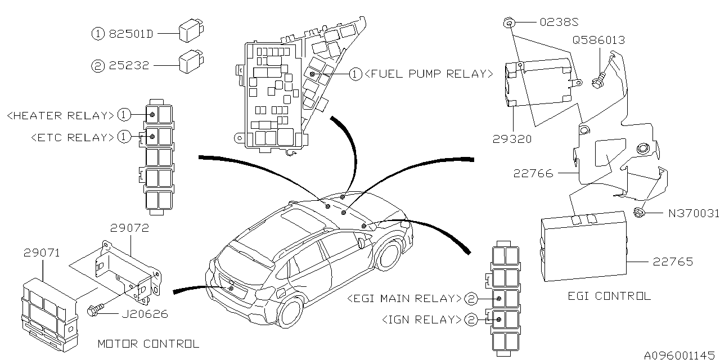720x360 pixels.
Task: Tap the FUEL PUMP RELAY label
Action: click(429, 74)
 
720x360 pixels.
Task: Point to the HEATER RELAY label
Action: click(60, 115)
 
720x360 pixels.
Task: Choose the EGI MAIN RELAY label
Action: click(405, 298)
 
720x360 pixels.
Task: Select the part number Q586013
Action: click(599, 40)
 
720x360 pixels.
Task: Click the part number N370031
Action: click(694, 214)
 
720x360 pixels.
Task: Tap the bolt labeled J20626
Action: click(93, 309)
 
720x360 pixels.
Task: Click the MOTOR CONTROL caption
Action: click(148, 343)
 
